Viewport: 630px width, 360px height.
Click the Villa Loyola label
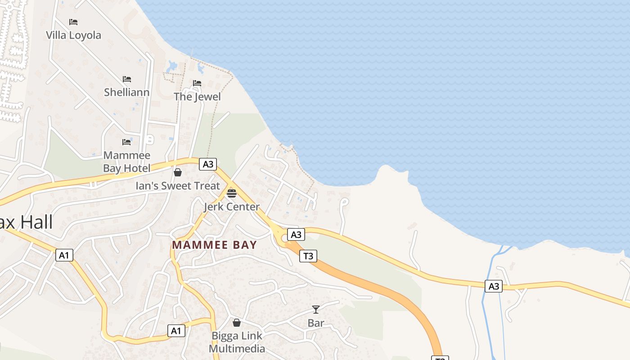coord(74,35)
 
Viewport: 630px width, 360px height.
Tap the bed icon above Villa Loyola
coord(73,22)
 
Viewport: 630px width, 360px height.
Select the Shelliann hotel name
coord(127,92)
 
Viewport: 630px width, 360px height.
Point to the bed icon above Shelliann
coord(127,79)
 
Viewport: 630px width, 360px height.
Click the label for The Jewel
coord(197,97)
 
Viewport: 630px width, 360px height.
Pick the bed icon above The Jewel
coord(197,83)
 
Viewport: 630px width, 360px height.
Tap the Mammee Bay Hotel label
coord(126,162)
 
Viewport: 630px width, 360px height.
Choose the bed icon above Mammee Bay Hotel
coord(126,142)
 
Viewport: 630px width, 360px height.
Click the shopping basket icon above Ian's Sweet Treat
coord(178,172)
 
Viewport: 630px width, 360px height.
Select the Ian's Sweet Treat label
coord(178,186)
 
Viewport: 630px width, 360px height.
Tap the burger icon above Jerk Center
coord(232,193)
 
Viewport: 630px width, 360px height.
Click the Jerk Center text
coord(232,207)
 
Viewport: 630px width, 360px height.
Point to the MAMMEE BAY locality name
coord(214,245)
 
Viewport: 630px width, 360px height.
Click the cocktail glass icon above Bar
coord(316,310)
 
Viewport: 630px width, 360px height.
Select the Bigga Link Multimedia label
coord(237,342)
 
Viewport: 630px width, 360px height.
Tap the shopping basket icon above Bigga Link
coord(237,323)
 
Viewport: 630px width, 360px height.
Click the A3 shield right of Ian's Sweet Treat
coord(208,164)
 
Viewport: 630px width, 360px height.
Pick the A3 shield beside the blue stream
coord(494,286)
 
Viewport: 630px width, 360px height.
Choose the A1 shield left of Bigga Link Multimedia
coord(176,331)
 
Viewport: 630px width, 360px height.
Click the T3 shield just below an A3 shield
coord(308,256)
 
